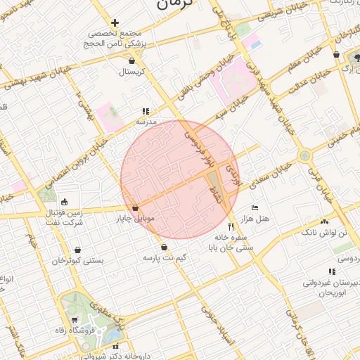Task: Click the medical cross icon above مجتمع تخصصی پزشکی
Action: pos(115,23)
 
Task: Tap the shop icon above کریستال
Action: pos(132,61)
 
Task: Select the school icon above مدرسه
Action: pos(146,111)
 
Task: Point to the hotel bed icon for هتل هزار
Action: pos(255,208)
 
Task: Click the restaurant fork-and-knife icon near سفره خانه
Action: pos(231,226)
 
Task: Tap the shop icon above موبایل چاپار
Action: pos(134,208)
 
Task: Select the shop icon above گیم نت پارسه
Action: pos(164,247)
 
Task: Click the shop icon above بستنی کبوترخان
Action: pos(77,250)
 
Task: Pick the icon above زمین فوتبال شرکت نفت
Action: pos(64,202)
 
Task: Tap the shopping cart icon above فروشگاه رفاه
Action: pos(75,321)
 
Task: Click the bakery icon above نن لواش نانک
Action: pos(324,221)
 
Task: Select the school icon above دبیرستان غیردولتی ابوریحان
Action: pos(330,271)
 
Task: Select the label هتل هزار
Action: pos(264,219)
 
